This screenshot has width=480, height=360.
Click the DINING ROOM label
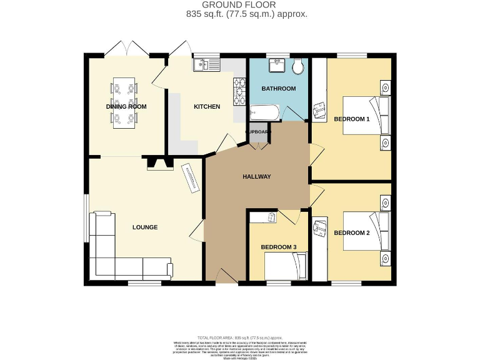pos(126,107)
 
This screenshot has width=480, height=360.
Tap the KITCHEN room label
pos(206,107)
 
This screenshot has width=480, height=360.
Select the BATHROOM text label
pos(278,89)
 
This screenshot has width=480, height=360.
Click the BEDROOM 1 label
pos(351,119)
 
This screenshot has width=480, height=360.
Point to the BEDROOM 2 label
pos(351,233)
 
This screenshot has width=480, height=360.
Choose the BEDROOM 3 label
pos(278,247)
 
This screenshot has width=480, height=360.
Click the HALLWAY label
pos(256,177)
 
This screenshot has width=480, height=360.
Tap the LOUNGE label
pos(144,227)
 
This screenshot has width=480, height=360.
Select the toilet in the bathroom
pos(297,66)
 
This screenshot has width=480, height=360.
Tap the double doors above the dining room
pos(126,48)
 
